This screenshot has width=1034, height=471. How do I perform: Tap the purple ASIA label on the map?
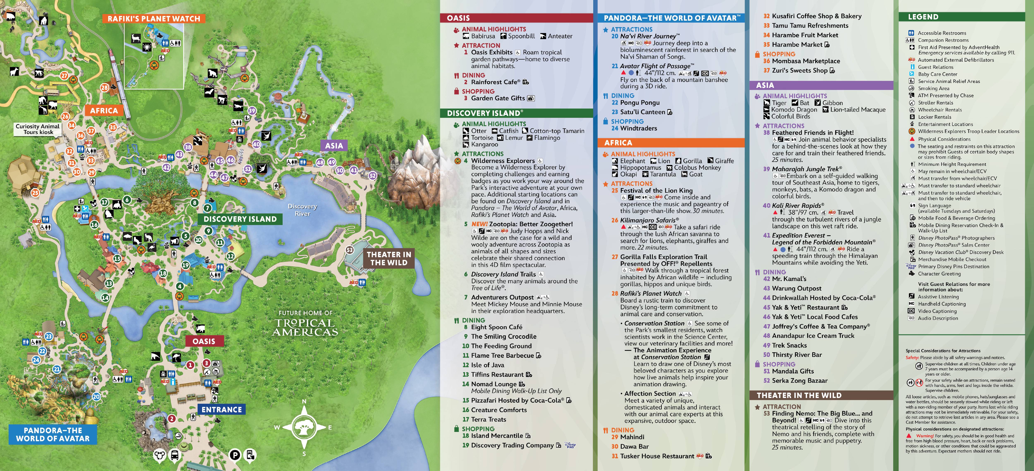[334, 146]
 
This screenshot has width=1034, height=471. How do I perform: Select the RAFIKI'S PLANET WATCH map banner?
[154, 18]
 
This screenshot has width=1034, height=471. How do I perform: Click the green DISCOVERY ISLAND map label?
[240, 219]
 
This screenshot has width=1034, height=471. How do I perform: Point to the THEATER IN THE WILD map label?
[389, 258]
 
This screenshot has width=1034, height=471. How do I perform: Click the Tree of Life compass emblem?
[304, 427]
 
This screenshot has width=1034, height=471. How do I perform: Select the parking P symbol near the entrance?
[235, 455]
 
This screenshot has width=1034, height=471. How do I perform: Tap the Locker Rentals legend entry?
[935, 117]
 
